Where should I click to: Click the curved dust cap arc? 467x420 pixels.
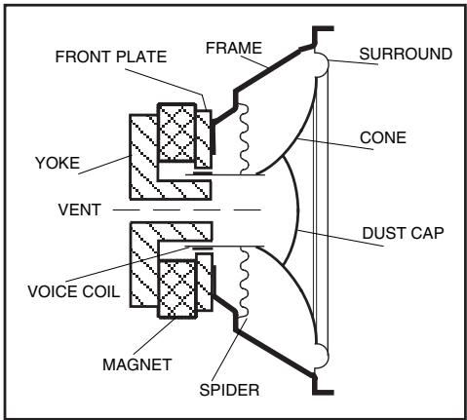point(298,209)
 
